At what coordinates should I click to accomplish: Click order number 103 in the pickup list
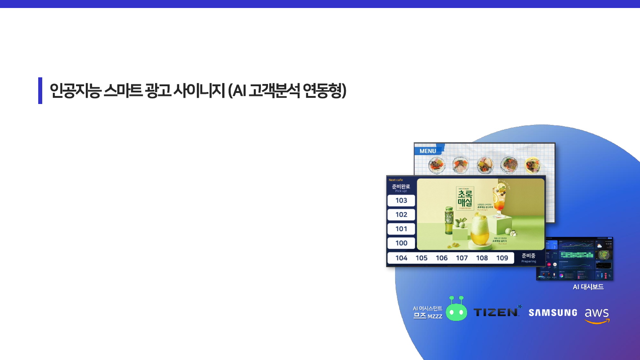click(401, 200)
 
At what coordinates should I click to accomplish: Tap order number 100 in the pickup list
click(401, 243)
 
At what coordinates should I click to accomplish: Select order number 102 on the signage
click(401, 215)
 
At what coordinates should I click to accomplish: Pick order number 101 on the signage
click(401, 229)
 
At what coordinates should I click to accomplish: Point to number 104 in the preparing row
click(401, 258)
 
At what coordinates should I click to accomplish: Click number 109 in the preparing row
click(502, 258)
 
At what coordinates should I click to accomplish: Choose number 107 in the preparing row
click(462, 258)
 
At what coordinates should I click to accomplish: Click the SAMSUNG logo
click(553, 313)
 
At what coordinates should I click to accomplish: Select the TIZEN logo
click(497, 312)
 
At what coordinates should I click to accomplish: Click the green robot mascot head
click(456, 311)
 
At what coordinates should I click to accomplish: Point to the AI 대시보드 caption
click(588, 287)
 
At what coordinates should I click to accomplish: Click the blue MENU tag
click(428, 151)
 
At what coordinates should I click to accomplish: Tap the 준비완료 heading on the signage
click(401, 186)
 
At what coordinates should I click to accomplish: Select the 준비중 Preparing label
click(528, 258)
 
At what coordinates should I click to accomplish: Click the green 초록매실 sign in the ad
click(465, 199)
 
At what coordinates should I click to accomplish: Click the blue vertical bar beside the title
click(40, 91)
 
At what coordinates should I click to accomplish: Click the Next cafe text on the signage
click(396, 180)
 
